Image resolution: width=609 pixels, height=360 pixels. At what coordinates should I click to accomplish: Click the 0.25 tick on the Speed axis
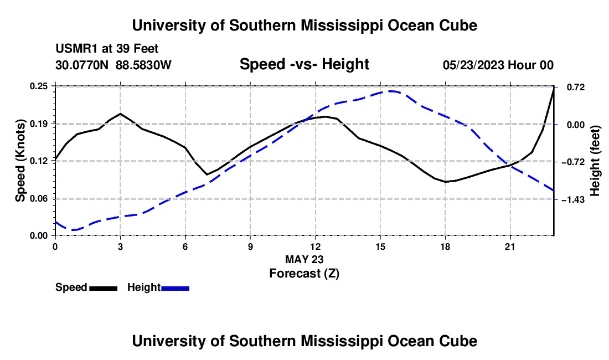tap(38, 86)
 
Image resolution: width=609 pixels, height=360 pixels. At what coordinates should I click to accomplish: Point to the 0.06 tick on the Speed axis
tap(38, 198)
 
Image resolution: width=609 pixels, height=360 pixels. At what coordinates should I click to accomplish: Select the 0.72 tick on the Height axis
tap(576, 88)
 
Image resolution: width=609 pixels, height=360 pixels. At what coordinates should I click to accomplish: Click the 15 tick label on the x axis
tap(380, 246)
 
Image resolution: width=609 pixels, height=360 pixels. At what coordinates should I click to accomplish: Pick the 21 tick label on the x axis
tap(510, 246)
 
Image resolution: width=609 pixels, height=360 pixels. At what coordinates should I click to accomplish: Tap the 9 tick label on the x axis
tap(250, 246)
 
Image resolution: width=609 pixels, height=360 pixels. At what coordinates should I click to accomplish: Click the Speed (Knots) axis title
tap(20, 161)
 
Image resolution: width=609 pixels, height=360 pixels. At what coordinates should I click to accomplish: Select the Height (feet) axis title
tap(595, 161)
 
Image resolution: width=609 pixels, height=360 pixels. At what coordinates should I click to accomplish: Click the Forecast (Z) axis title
tap(304, 274)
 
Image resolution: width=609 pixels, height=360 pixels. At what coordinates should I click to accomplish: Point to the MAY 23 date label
tap(304, 259)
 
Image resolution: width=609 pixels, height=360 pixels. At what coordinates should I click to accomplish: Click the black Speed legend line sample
tap(104, 288)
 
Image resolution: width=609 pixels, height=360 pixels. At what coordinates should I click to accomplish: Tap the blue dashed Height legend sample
tap(175, 288)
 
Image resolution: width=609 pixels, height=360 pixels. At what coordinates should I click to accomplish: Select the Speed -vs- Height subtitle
tap(304, 64)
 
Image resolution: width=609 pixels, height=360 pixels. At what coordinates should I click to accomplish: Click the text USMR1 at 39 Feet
tap(107, 49)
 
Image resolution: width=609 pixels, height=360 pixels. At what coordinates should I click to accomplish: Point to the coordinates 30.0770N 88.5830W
tap(113, 65)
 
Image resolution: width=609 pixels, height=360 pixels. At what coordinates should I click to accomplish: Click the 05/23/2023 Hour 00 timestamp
tap(498, 65)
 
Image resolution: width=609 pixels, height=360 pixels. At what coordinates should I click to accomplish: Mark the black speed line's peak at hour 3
tap(120, 114)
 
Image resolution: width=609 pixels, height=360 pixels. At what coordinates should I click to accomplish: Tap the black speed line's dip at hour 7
tap(207, 174)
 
